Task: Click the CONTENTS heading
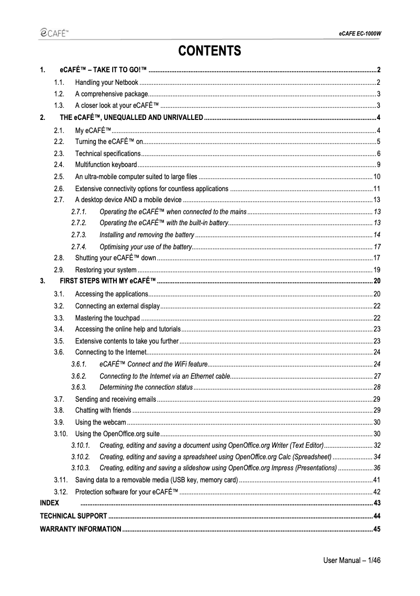click(x=209, y=51)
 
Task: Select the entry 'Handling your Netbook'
click(x=107, y=83)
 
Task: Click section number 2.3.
click(x=59, y=153)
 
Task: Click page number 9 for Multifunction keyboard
click(x=378, y=165)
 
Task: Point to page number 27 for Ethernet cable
click(x=377, y=376)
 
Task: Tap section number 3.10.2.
click(x=80, y=457)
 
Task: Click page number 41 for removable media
click(x=376, y=480)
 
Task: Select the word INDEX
click(x=50, y=503)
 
